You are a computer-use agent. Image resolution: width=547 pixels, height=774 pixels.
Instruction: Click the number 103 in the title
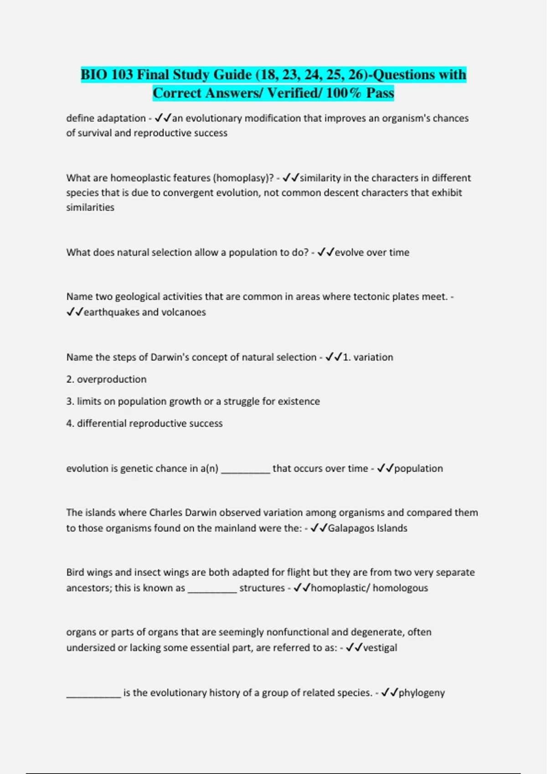pyautogui.click(x=121, y=75)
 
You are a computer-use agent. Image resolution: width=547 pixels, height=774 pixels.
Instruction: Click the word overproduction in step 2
pyautogui.click(x=112, y=379)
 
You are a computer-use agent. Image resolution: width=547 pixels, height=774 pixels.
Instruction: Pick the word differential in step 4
pyautogui.click(x=102, y=423)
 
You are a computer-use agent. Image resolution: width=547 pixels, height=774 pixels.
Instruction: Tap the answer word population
pyautogui.click(x=418, y=468)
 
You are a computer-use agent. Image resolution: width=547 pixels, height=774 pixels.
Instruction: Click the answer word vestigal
pyautogui.click(x=380, y=647)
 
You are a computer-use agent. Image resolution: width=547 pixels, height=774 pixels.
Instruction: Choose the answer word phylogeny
pyautogui.click(x=422, y=693)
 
